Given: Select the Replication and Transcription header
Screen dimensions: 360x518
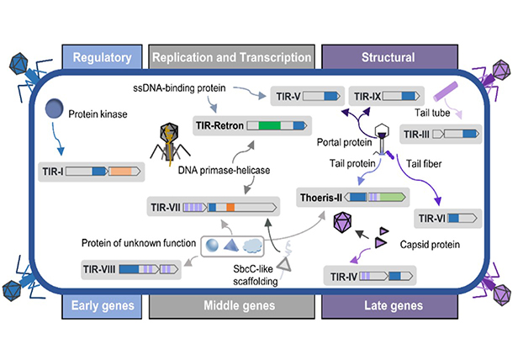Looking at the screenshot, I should pos(232,57).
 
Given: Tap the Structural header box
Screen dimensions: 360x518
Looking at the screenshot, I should pos(383,57).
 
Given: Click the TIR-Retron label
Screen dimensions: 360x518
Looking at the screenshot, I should pos(221,126).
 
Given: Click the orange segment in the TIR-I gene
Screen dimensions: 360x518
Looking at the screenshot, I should pos(123,172).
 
